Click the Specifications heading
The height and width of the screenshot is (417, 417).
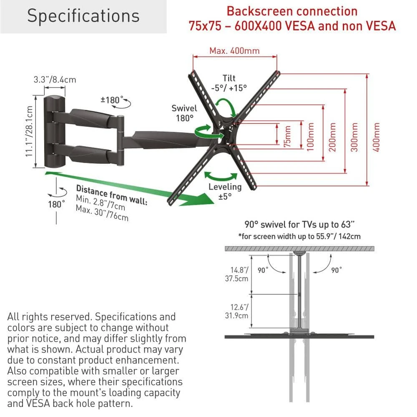pos(83,16)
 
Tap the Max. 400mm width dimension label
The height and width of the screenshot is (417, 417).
pos(234,51)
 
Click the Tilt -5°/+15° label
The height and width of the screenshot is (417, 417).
pos(229,83)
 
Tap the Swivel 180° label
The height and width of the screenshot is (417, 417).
pos(184,113)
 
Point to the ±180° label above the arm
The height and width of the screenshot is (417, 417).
pos(113,100)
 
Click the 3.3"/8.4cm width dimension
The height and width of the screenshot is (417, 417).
pos(55,79)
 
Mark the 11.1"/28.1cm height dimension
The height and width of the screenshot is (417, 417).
pos(29,131)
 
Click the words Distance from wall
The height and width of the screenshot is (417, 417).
pos(111,195)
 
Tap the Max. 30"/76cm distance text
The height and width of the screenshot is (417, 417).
pos(102,213)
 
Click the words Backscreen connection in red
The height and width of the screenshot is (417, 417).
pos(292,11)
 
